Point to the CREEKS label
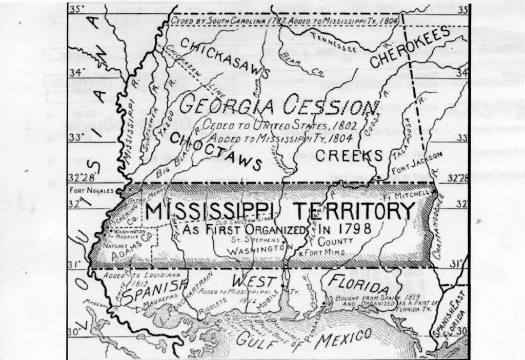(350, 156)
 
